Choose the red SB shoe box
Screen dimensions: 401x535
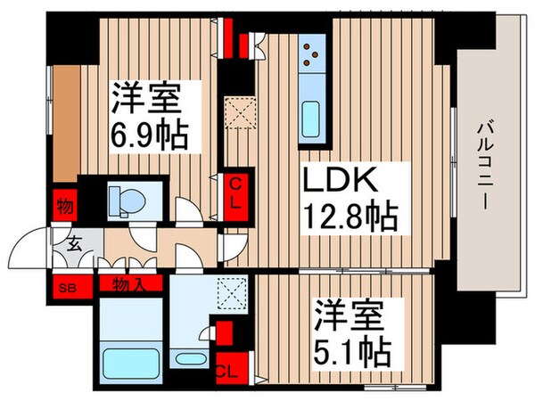65,288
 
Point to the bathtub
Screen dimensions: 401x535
129,364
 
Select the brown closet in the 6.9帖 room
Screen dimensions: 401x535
68,120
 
